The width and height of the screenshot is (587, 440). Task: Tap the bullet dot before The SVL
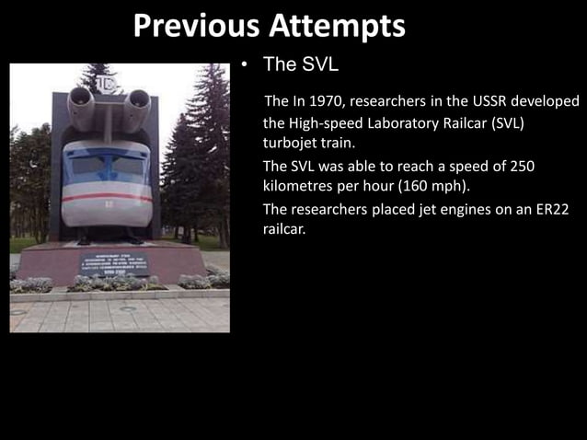pos(245,65)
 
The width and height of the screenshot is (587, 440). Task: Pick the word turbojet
pos(290,144)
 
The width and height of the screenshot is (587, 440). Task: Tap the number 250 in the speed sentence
pos(520,166)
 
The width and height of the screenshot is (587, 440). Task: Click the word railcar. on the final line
pos(284,230)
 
